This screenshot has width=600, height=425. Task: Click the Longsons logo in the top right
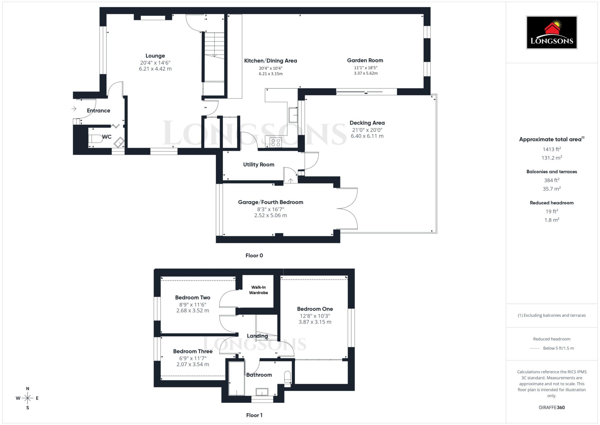click(x=551, y=32)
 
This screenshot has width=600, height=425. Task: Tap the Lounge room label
click(x=155, y=56)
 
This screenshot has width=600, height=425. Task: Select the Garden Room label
click(x=365, y=60)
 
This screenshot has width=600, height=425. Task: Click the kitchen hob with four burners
click(x=276, y=143)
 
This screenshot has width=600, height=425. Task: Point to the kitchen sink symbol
click(x=293, y=115)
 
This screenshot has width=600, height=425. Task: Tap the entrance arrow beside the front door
click(x=74, y=109)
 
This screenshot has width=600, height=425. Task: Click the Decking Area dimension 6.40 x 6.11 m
click(x=367, y=136)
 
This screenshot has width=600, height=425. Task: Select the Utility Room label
click(x=258, y=165)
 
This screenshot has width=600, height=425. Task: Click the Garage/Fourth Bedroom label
click(x=270, y=202)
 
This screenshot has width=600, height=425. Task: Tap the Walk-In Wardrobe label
click(x=258, y=290)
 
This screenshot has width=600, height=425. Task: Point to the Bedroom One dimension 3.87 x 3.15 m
click(x=315, y=322)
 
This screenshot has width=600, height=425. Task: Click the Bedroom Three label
click(x=192, y=351)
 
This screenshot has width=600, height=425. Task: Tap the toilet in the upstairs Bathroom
click(x=288, y=377)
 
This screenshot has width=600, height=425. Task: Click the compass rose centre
click(x=28, y=398)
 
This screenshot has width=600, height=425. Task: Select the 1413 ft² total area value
click(x=551, y=149)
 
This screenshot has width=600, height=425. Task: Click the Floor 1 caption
click(x=254, y=415)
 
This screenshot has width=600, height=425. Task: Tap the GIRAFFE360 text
click(x=551, y=407)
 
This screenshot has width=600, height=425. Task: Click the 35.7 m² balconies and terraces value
click(x=551, y=189)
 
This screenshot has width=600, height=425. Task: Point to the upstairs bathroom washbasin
click(x=262, y=392)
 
